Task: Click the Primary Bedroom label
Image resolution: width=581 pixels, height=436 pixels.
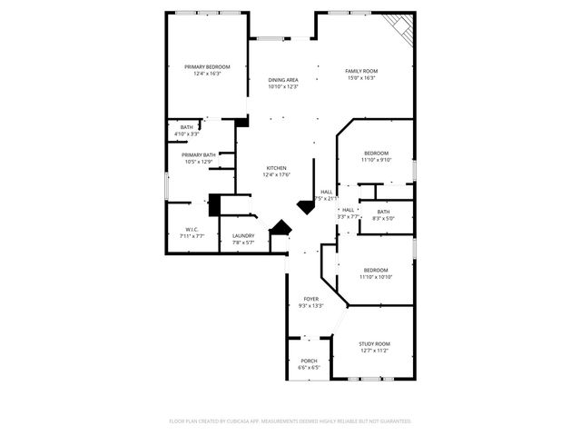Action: pos(207,67)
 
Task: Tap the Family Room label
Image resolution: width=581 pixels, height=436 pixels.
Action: pos(361,71)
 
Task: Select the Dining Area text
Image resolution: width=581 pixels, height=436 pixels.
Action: pos(283,80)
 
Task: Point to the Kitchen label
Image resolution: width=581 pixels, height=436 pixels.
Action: pos(276,168)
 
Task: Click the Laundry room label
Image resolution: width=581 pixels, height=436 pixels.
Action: pos(243,235)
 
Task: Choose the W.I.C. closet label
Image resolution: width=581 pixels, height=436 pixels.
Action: pos(192,229)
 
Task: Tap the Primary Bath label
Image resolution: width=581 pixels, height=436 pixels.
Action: pos(198,155)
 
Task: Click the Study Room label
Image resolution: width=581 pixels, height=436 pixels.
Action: pos(374,344)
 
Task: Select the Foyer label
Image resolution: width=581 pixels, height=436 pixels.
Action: pos(310,299)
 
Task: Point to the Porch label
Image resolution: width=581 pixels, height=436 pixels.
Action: pos(310,362)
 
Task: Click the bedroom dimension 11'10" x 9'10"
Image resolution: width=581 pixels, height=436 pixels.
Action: pos(376,160)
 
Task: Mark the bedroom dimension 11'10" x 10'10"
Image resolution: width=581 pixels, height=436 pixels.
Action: pos(376,277)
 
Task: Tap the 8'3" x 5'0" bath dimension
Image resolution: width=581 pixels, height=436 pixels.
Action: pos(383,218)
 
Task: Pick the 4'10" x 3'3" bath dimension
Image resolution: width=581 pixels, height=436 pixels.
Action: pos(186,134)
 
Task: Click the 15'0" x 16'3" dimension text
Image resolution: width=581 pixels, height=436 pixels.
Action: pos(361,77)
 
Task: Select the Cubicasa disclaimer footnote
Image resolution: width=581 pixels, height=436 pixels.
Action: pos(290,421)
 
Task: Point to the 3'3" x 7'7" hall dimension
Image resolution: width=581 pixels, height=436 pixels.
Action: pos(349,216)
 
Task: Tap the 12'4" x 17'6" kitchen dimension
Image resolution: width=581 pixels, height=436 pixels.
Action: pos(276,174)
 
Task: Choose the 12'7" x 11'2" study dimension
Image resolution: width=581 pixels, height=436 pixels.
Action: pos(374,351)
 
